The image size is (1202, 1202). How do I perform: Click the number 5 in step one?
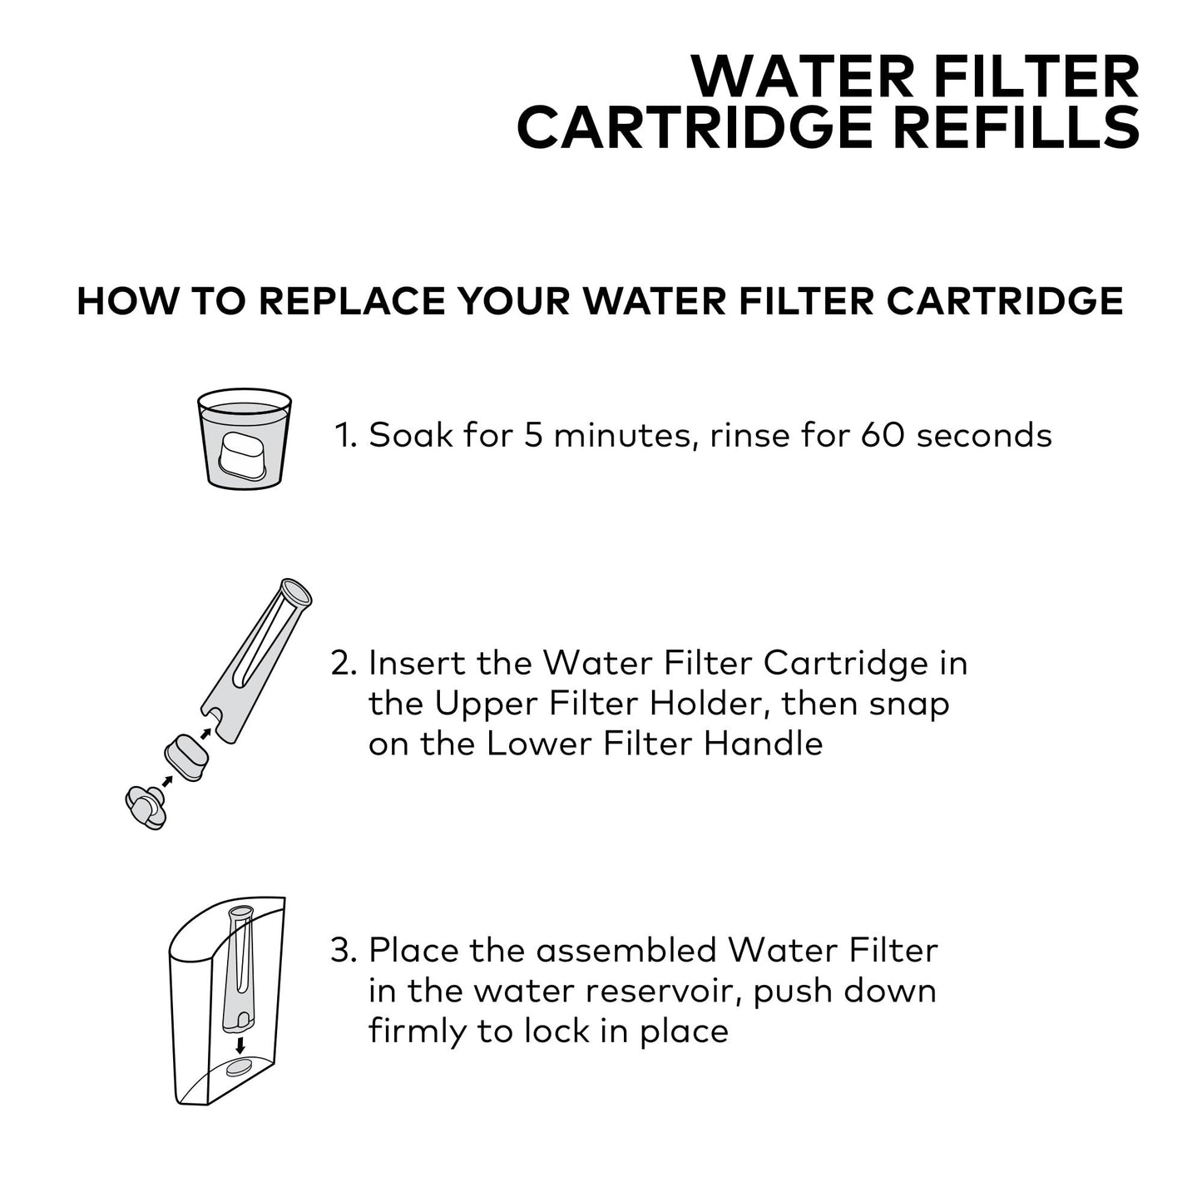click(x=534, y=435)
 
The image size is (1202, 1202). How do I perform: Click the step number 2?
click(x=343, y=663)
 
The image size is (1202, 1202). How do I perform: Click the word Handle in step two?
click(x=763, y=743)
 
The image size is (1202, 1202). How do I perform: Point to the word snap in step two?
click(x=908, y=704)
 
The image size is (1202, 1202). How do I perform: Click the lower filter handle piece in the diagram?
click(x=146, y=808)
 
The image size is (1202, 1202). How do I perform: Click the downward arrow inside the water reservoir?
click(x=240, y=1044)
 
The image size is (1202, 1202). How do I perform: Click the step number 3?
click(x=343, y=950)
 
